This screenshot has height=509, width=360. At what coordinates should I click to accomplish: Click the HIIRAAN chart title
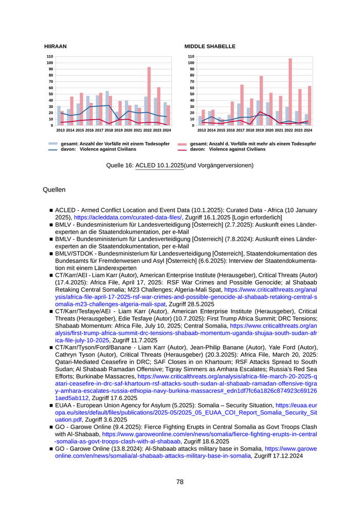(x=55, y=46)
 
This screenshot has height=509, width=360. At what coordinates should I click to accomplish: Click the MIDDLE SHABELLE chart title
(x=210, y=46)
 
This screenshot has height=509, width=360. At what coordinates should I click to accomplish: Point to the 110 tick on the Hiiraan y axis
(x=49, y=57)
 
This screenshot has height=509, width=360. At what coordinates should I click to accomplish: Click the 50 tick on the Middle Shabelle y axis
(x=191, y=94)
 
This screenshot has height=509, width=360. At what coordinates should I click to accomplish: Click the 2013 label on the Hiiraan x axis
(x=60, y=131)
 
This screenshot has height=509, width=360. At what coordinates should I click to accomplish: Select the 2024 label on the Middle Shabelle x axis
(x=308, y=131)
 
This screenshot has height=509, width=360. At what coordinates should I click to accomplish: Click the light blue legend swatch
(x=53, y=144)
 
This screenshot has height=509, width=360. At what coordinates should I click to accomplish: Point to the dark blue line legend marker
(x=53, y=150)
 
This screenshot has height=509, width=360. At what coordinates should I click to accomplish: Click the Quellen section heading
(x=54, y=190)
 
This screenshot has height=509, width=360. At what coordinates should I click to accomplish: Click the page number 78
(x=179, y=482)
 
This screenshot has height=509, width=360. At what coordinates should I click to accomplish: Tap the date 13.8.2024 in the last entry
(x=119, y=449)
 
